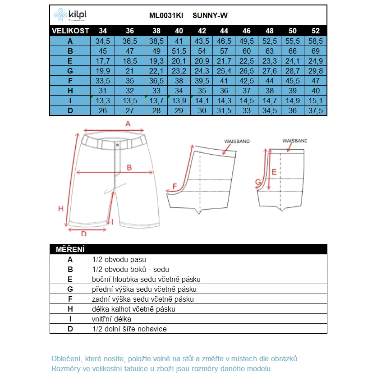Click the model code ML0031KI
[x=166, y=16]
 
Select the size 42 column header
[x=202, y=31]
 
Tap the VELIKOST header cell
[x=70, y=31]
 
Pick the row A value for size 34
[x=103, y=41]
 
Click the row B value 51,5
[x=179, y=51]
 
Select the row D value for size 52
[x=316, y=111]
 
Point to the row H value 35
[x=202, y=91]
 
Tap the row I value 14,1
[x=202, y=101]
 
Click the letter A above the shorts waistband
[x=128, y=124]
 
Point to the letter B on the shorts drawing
[x=129, y=167]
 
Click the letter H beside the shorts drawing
[x=61, y=208]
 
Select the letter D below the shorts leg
[x=83, y=234]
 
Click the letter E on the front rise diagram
[x=274, y=172]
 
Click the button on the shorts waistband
[x=117, y=145]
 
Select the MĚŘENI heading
[x=70, y=249]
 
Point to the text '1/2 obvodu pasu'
[x=119, y=259]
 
